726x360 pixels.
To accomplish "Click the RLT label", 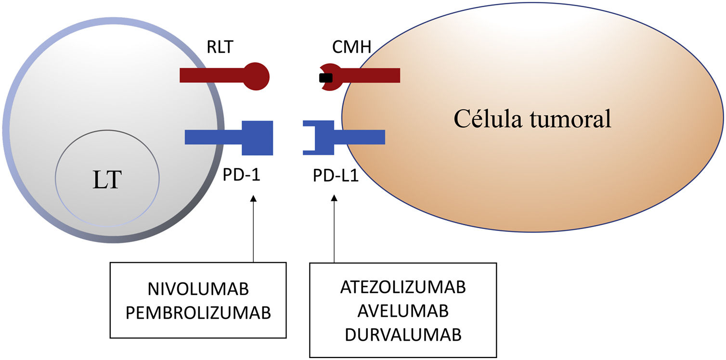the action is (220, 47).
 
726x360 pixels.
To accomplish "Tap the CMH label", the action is (351, 47).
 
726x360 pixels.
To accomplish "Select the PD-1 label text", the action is (242, 175).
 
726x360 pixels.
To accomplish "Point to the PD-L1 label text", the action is (336, 176).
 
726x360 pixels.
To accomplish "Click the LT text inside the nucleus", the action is (107, 180).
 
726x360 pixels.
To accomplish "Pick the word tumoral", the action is (571, 119).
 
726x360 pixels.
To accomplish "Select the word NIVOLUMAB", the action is (198, 289).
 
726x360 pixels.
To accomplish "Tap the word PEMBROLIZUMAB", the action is (198, 313).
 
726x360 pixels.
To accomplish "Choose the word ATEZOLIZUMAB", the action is (403, 287).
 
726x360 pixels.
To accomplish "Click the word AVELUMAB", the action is (403, 311).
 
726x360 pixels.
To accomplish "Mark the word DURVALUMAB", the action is (403, 335).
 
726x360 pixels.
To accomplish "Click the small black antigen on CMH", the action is (326, 78).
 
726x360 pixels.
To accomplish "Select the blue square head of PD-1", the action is (258, 138).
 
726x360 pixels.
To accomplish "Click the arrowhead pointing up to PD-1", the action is (253, 198).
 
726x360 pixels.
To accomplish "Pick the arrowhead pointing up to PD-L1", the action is (334, 198).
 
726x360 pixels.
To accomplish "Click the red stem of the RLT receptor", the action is (212, 75).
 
